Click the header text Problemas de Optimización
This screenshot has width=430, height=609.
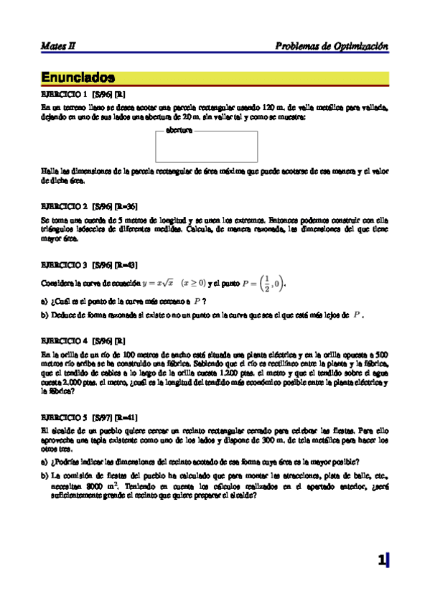(332, 46)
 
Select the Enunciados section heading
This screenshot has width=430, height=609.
(78, 77)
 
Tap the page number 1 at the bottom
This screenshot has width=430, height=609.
(382, 561)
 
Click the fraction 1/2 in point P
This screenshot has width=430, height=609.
(266, 283)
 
